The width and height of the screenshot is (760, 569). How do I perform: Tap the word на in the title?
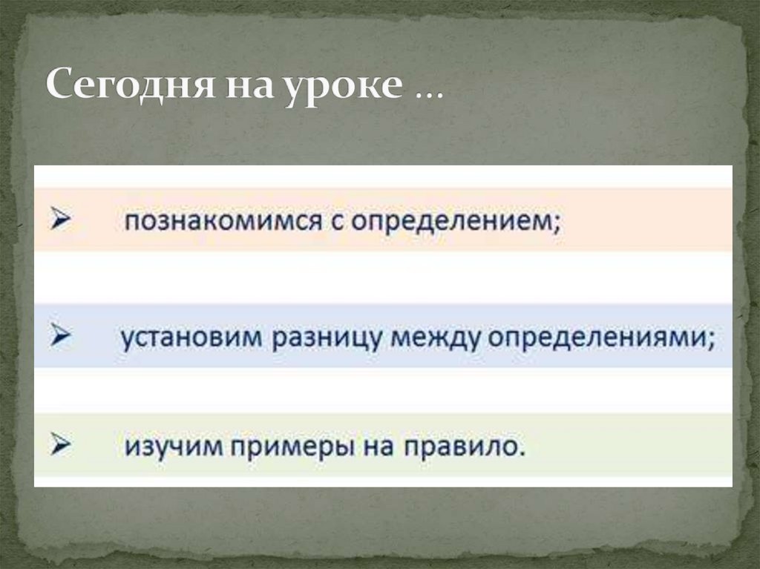click(x=241, y=88)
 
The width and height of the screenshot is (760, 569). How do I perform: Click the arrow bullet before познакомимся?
click(x=60, y=220)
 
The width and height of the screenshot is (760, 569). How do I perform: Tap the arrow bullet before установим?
click(x=60, y=335)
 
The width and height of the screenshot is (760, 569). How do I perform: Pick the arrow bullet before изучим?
click(x=60, y=445)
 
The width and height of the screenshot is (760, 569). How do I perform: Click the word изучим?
click(x=167, y=447)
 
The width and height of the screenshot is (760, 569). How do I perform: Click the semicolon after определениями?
click(x=711, y=341)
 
